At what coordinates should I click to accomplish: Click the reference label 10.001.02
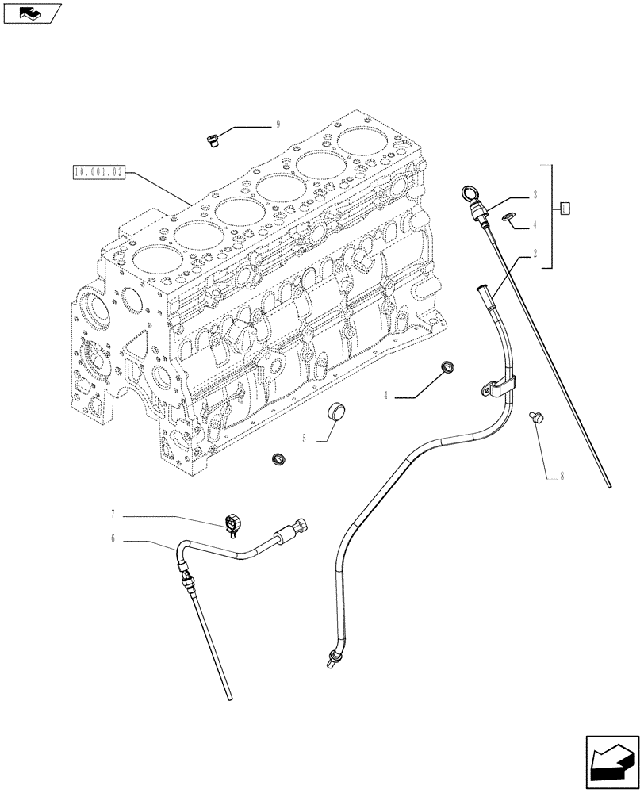[x=98, y=170]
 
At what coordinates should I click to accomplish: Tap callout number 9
[x=278, y=124]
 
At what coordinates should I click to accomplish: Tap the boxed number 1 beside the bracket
[x=565, y=209]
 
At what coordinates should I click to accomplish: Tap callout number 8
[x=562, y=477]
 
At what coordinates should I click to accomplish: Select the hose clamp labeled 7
[x=232, y=523]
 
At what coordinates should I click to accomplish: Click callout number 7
[x=113, y=515]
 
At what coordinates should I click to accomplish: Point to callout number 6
[x=113, y=538]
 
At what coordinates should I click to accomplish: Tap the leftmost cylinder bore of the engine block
[x=153, y=258]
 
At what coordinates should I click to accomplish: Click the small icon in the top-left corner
[x=32, y=13]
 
